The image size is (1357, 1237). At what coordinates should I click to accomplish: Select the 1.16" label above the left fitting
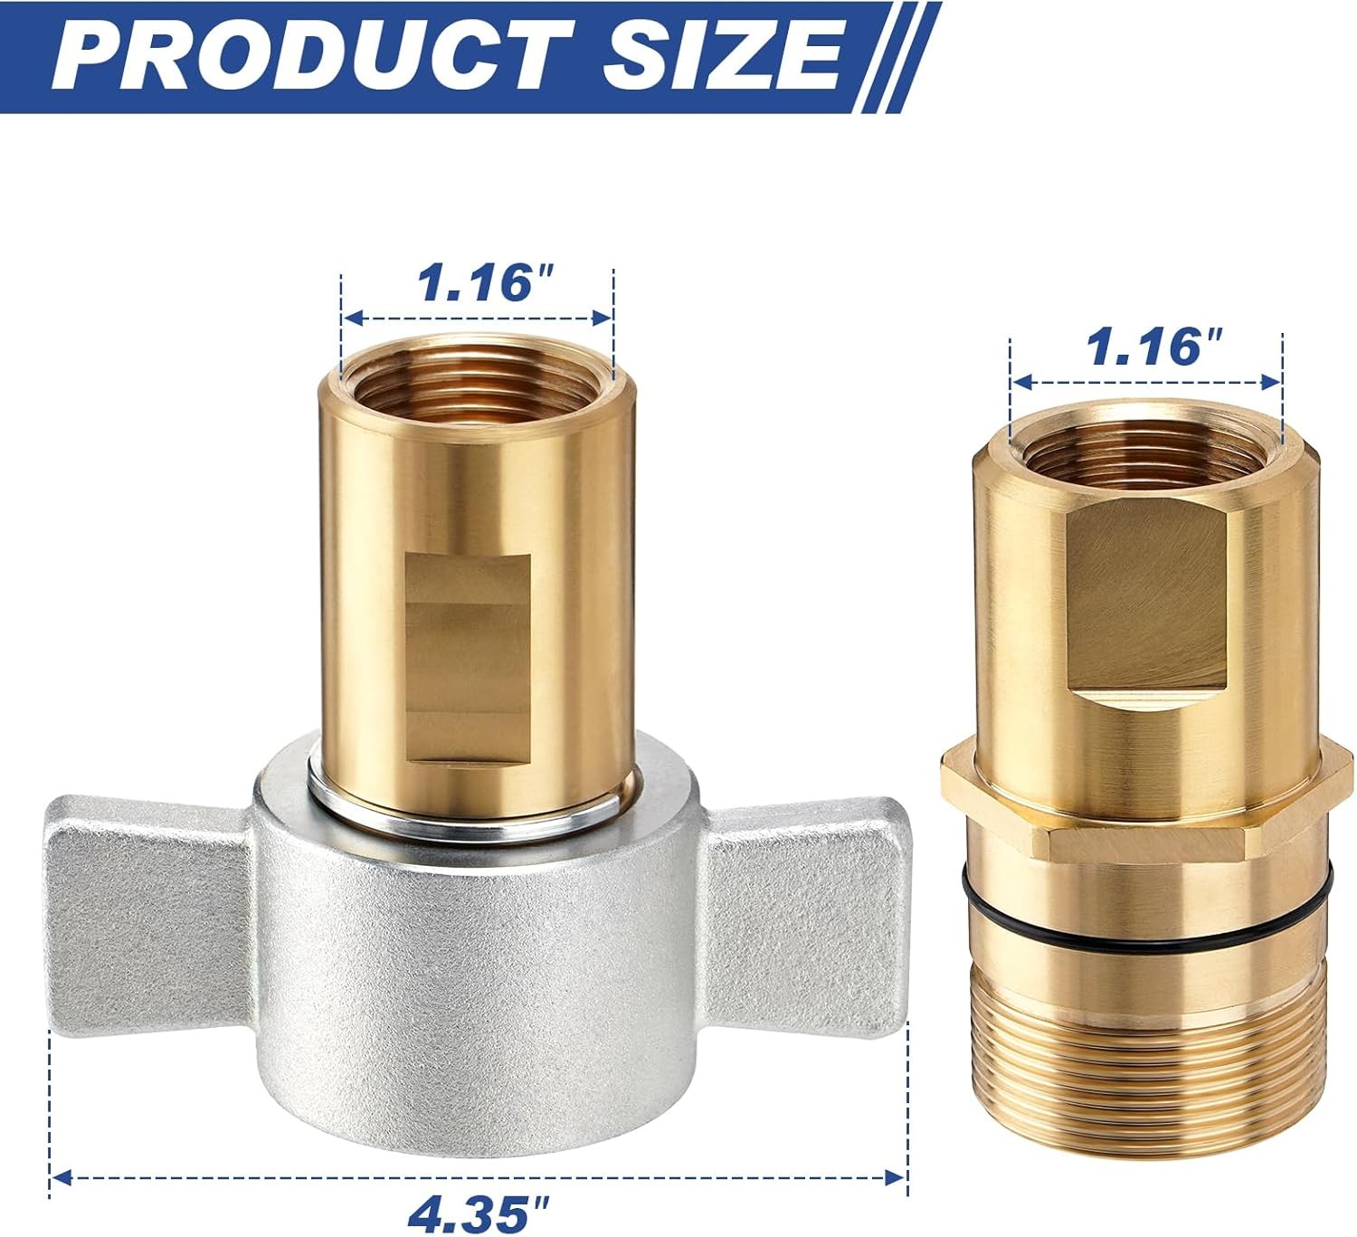point(485,283)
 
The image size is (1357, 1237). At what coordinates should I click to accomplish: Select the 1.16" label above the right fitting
point(1153,347)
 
